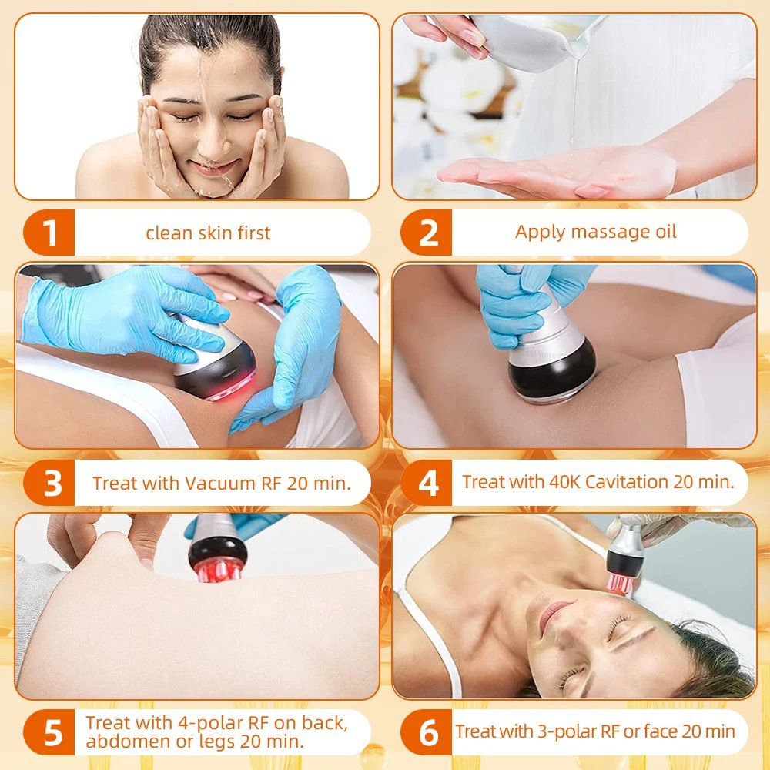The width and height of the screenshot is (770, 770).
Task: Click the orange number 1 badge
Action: [51, 233]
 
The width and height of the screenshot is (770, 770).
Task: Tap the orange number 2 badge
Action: [427, 233]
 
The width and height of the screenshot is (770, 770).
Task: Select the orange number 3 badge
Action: [51, 484]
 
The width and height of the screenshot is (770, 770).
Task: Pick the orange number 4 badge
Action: [427, 484]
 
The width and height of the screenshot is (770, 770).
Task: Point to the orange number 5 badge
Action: [51, 732]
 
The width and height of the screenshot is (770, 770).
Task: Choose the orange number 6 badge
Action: [427, 732]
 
